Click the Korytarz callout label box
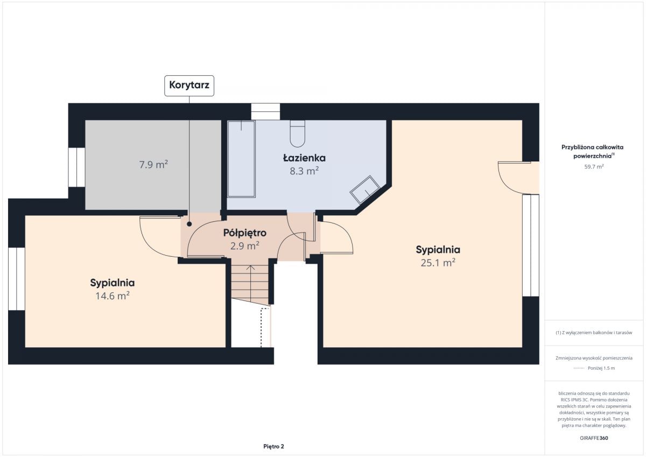click(x=189, y=86)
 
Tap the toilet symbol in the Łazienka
click(x=297, y=134)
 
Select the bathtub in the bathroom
click(x=241, y=159)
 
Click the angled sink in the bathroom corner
click(x=365, y=189)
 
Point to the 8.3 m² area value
click(x=304, y=171)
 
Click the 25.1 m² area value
click(x=438, y=263)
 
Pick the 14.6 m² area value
click(x=113, y=296)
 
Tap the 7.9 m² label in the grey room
click(x=153, y=165)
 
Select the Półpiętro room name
click(x=244, y=233)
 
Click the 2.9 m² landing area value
click(x=244, y=246)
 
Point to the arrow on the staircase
click(x=251, y=284)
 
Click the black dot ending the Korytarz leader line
click(x=189, y=224)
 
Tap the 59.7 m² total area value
click(x=594, y=167)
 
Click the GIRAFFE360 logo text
click(x=594, y=438)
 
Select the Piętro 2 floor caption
click(x=273, y=446)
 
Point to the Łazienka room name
click(x=304, y=158)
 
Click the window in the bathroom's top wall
click(x=265, y=111)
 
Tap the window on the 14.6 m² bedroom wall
click(x=17, y=279)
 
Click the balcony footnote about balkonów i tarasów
click(x=594, y=333)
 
